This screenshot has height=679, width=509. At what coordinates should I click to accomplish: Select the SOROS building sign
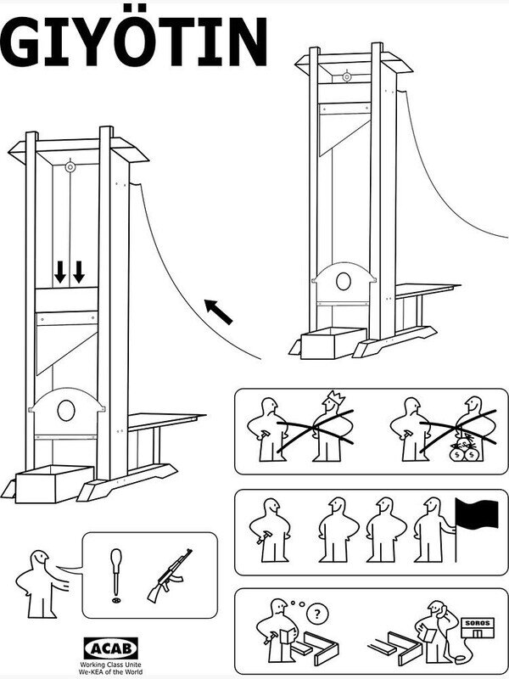point(477,623)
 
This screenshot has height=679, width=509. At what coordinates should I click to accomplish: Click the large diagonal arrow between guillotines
point(219,311)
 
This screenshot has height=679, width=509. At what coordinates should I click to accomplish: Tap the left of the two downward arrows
point(60,272)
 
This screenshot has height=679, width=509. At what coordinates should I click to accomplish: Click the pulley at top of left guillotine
point(70,167)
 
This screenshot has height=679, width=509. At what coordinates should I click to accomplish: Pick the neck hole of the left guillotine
point(65,412)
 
